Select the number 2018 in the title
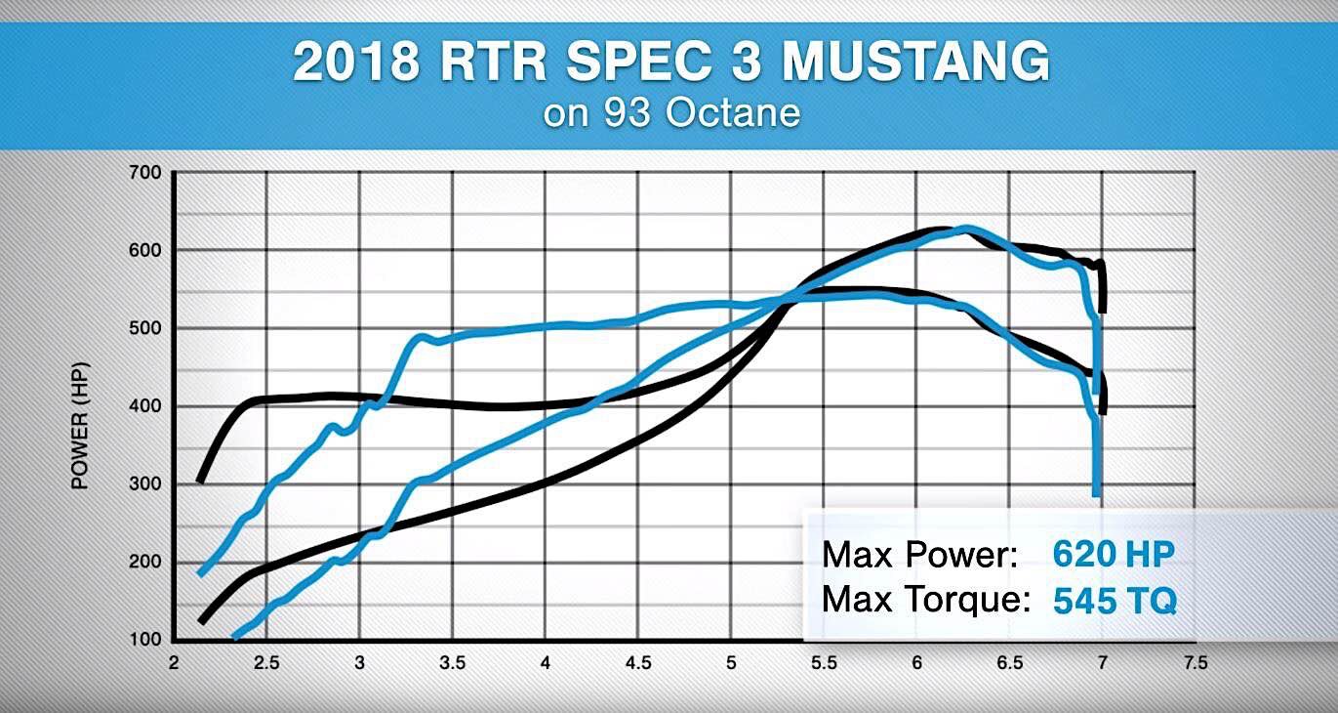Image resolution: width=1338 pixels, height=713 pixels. point(356,62)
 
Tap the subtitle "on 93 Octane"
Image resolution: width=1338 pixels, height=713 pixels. point(672,112)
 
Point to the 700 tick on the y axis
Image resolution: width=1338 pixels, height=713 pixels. point(145,173)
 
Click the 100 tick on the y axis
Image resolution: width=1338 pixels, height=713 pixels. point(145,639)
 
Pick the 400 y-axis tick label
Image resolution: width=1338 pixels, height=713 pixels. point(145,405)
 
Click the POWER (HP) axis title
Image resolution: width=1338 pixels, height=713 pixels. point(80,426)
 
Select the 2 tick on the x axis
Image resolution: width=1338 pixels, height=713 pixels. point(173,663)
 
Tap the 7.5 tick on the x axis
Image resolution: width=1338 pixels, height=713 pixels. point(1196,663)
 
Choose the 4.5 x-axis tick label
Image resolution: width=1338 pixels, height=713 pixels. point(638,663)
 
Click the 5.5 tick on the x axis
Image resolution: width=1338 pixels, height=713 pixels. point(824,663)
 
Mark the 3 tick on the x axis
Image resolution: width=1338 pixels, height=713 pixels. point(359,663)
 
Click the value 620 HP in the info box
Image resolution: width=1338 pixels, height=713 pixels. point(1114,554)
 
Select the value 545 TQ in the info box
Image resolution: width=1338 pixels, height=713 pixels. point(1115,600)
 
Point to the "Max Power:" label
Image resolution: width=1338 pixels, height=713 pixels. point(920,554)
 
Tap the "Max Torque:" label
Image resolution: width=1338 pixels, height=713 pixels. point(926,599)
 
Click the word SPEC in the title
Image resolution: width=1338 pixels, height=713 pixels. point(638,62)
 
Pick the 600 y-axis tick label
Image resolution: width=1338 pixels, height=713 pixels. point(145,250)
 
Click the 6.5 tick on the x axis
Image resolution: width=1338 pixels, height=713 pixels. point(1009,663)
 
